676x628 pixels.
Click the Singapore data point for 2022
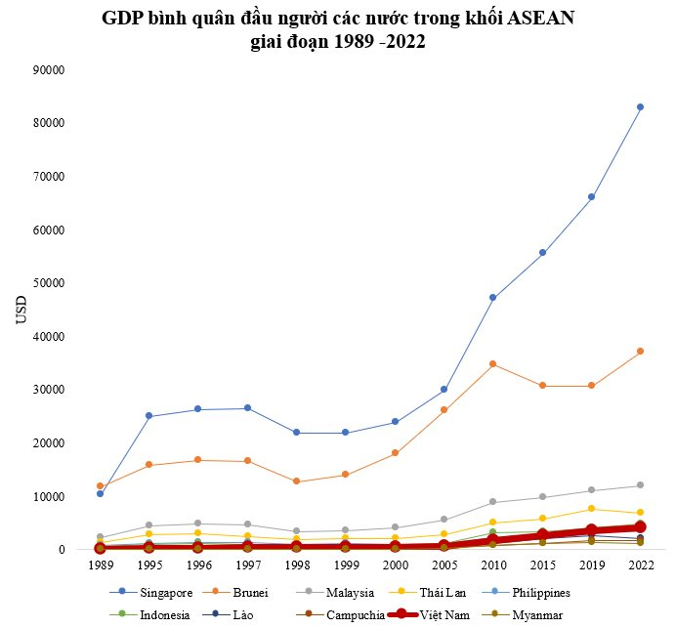coord(640,107)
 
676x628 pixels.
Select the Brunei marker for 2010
coord(492,364)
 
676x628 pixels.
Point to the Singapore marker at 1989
coord(100,493)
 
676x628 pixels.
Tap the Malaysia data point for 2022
coord(640,485)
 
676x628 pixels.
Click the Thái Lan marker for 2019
coord(591,509)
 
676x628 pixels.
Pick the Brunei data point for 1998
coord(296,481)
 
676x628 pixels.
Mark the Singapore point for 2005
coord(444,390)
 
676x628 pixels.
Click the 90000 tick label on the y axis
coord(49,70)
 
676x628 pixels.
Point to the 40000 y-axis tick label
coord(49,337)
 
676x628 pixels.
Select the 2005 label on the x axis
coord(444,565)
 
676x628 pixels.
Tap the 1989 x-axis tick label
coord(100,565)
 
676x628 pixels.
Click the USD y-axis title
coord(21,311)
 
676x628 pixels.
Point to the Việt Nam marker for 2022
coord(640,526)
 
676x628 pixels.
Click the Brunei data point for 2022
coord(640,352)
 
